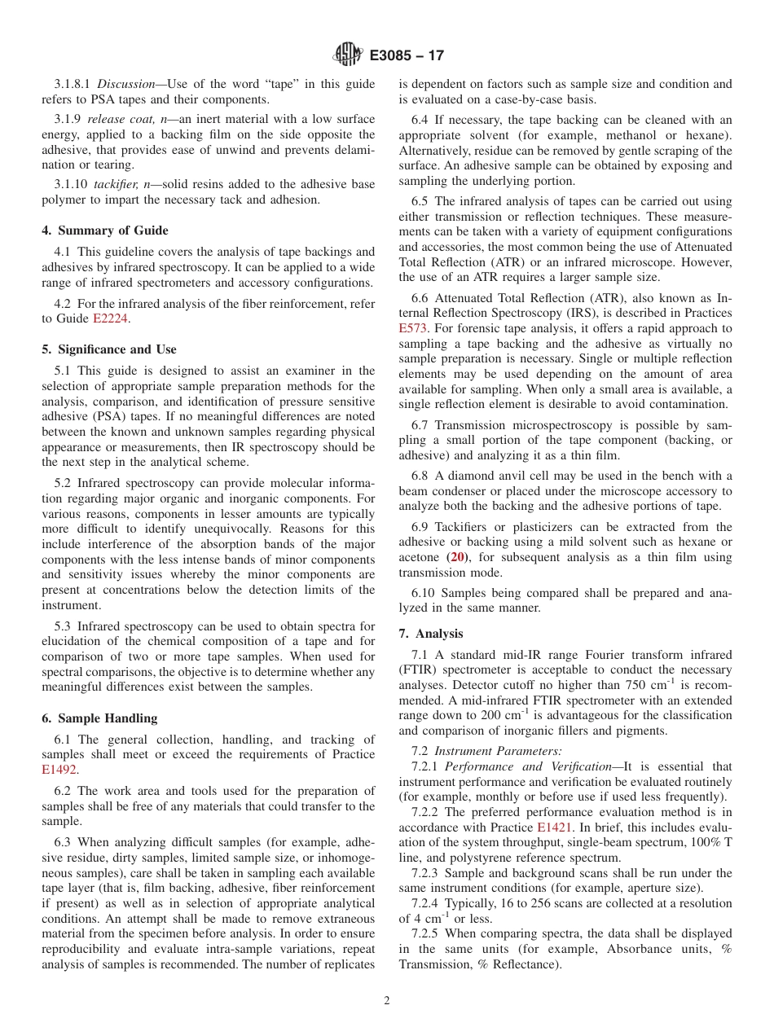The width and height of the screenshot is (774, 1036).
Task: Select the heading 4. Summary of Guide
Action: point(105,230)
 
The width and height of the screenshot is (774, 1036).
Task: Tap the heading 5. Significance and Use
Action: point(108,349)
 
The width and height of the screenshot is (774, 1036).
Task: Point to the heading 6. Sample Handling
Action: point(99,718)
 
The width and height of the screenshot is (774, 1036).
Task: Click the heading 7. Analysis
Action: point(430,634)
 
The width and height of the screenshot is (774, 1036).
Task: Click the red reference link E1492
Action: point(59,769)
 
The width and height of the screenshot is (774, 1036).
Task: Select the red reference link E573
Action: point(415,328)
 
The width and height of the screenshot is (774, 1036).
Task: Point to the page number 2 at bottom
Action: point(387,1000)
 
